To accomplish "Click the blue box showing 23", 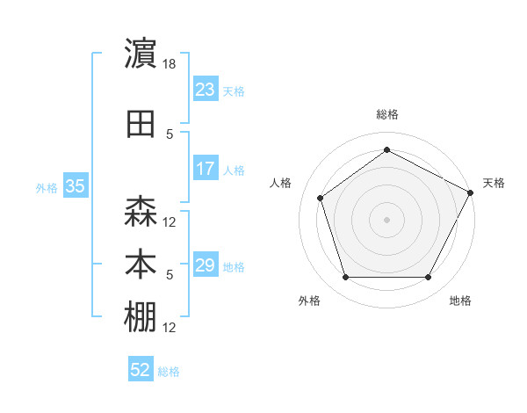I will point(205,90).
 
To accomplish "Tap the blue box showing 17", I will point(205,169).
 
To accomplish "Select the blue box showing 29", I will point(205,265).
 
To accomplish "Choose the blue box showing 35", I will point(76,186).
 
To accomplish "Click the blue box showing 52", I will point(141,370).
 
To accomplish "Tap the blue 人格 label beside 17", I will point(234,170).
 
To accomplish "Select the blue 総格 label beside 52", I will point(170,372).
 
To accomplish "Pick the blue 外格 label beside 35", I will point(47,187).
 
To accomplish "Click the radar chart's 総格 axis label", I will point(386,114).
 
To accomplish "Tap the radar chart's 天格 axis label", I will point(494,183).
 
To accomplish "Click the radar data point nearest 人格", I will point(321,198).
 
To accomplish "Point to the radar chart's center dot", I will point(386,219).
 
